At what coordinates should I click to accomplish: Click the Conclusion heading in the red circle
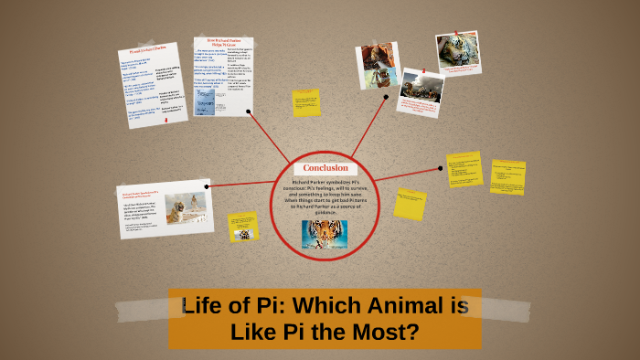[325, 168]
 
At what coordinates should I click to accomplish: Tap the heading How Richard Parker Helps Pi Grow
[222, 44]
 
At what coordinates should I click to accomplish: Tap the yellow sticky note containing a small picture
[243, 227]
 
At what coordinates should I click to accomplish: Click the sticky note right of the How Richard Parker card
[306, 102]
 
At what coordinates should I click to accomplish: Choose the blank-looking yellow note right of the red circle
[410, 204]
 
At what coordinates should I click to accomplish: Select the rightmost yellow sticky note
[507, 177]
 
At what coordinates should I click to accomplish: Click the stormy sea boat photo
[421, 89]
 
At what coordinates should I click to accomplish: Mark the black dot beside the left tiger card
[208, 185]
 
